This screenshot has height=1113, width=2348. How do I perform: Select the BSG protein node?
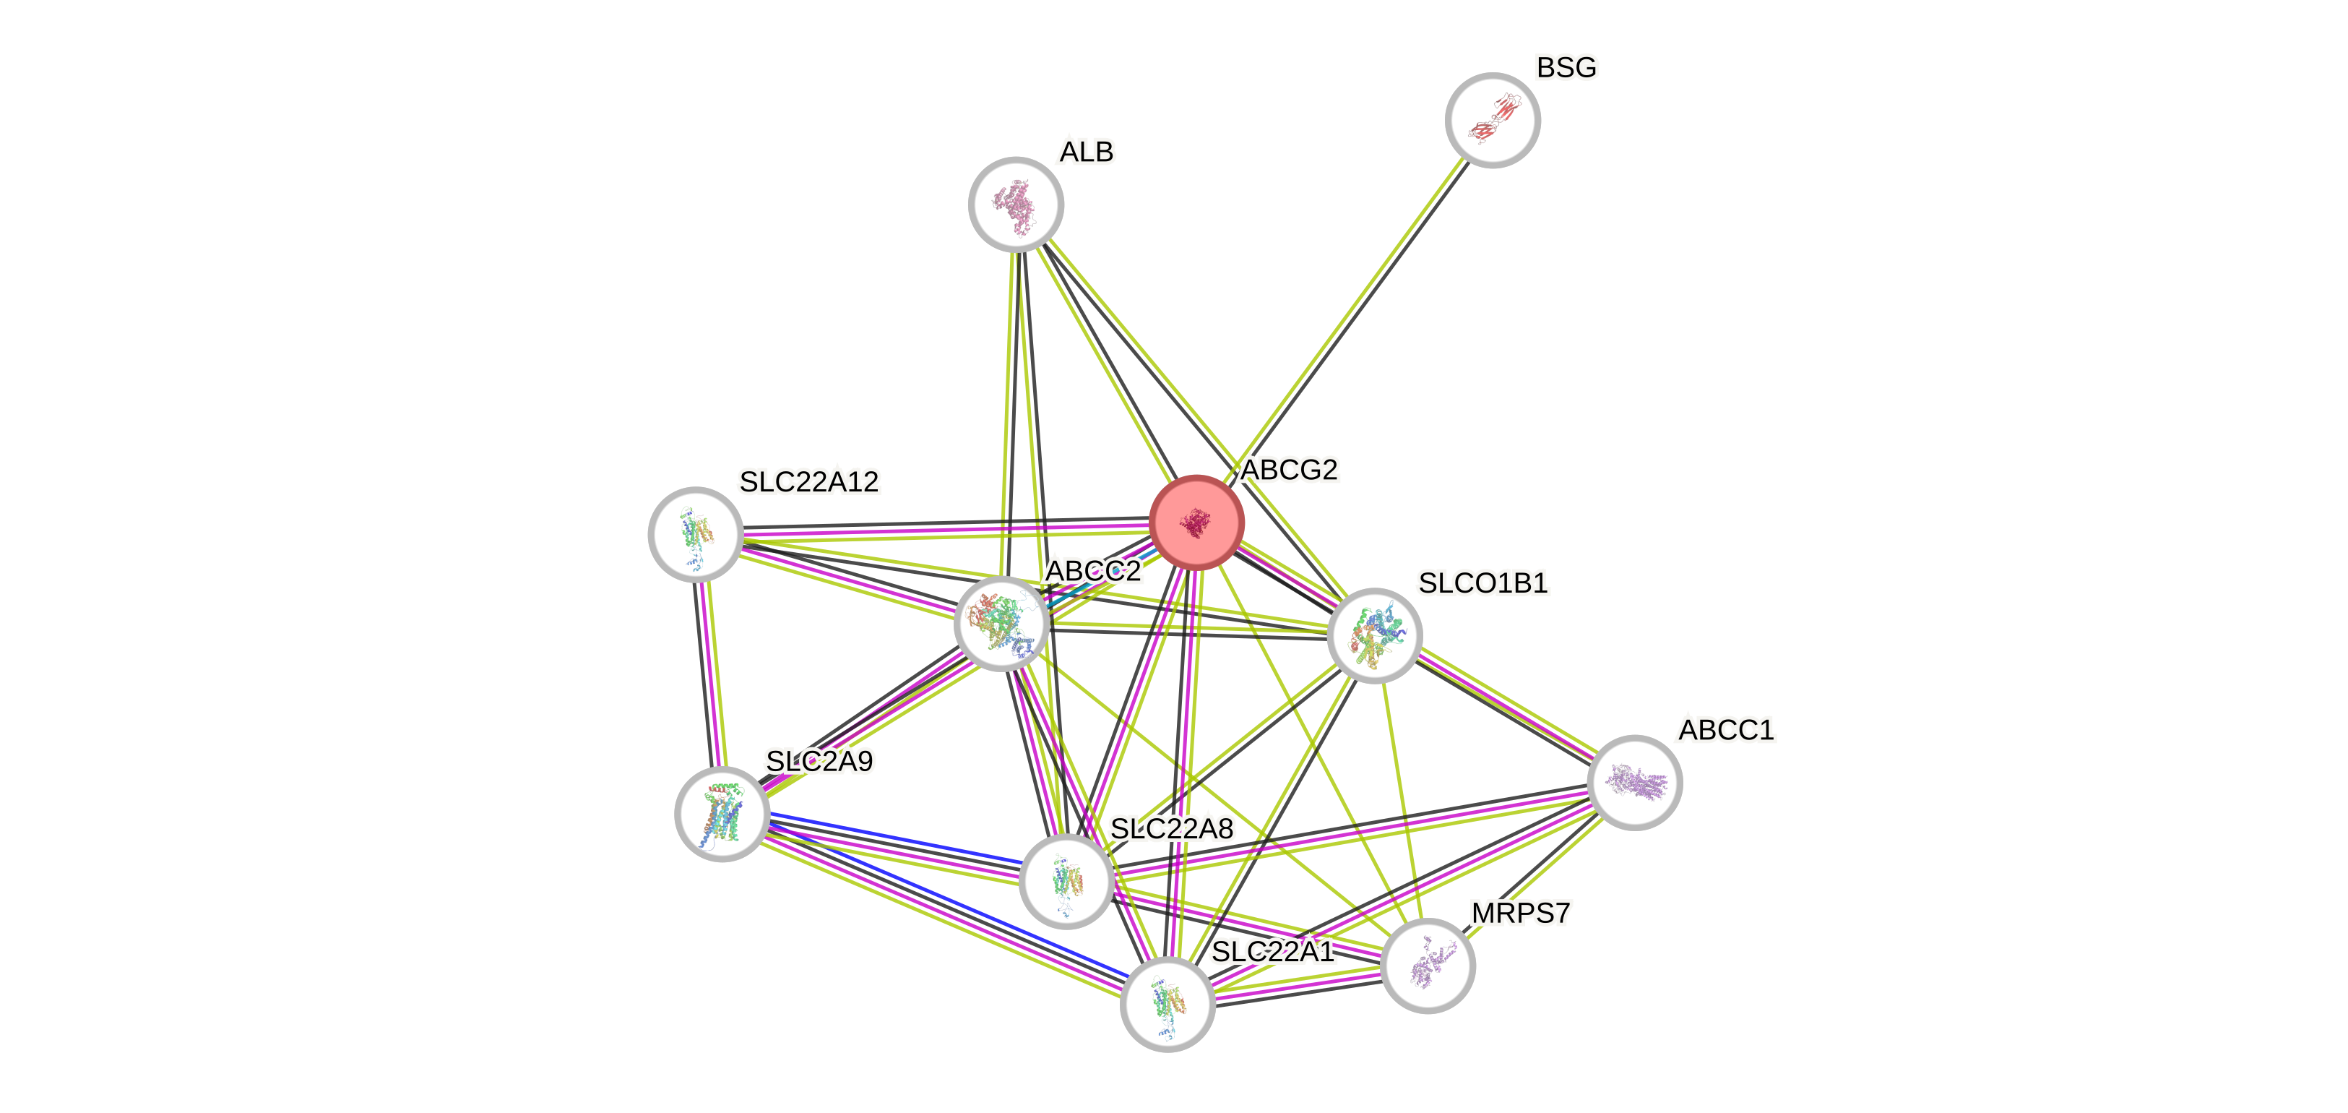coord(1492,120)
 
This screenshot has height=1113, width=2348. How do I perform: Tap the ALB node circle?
coord(1015,205)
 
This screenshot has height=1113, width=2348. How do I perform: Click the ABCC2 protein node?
coord(1001,624)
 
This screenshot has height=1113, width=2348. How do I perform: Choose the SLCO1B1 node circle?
coord(1373,635)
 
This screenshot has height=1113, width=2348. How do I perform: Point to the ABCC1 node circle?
coord(1634,782)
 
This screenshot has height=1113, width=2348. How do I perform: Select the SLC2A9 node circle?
coord(722,814)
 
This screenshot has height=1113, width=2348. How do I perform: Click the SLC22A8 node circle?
coord(1066,880)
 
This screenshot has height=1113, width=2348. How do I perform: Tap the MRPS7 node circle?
coord(1428,966)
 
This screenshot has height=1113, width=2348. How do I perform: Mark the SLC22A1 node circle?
coord(1167,1004)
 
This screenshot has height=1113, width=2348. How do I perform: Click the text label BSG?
coord(1566,67)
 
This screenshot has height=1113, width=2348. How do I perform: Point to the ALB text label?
coord(1086,151)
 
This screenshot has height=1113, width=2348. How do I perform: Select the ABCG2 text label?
coord(1289,470)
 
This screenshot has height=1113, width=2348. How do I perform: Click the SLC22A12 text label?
coord(808,481)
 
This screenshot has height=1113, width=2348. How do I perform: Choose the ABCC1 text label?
coord(1725,730)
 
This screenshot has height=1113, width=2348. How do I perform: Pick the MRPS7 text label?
coord(1520,914)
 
